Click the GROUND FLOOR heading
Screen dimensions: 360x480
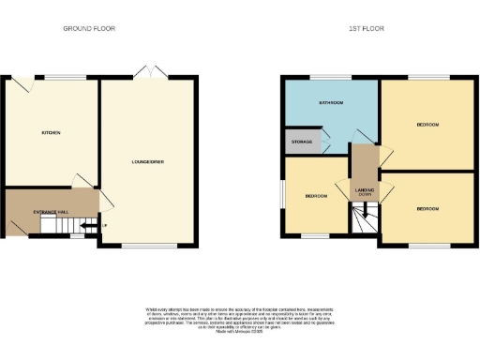click(x=89, y=29)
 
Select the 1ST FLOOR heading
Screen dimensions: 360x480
click(x=366, y=29)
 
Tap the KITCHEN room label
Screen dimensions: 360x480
click(x=51, y=133)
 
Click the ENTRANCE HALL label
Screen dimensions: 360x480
click(x=52, y=213)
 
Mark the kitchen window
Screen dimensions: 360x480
click(x=66, y=77)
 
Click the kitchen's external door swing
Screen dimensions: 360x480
click(x=20, y=85)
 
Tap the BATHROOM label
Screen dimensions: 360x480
click(x=330, y=102)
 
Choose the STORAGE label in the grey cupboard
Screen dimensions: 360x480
click(x=301, y=142)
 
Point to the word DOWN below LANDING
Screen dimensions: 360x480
click(x=364, y=196)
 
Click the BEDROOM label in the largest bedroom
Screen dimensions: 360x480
click(x=427, y=124)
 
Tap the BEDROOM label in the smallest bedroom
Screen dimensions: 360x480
click(x=316, y=196)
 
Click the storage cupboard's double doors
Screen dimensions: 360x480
click(x=325, y=142)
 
